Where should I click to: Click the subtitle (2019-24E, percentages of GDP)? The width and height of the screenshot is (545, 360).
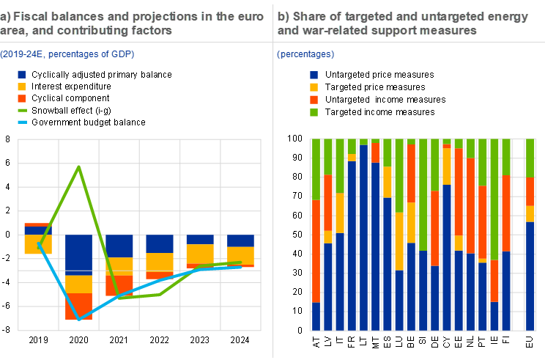click(67, 54)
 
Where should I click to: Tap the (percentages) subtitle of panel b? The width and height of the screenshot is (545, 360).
click(306, 54)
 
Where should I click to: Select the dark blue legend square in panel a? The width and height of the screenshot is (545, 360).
click(22, 75)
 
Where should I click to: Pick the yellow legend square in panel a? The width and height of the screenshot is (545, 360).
click(22, 87)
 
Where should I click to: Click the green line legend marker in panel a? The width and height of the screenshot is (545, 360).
click(22, 111)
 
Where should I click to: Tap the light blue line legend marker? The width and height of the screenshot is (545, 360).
click(22, 122)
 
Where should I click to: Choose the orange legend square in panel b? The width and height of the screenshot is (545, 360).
click(314, 99)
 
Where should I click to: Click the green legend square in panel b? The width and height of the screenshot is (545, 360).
click(314, 112)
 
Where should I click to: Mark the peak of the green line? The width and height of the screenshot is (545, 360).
click(78, 166)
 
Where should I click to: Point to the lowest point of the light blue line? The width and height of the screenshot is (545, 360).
click(78, 320)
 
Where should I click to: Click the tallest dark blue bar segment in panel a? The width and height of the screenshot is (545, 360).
click(78, 254)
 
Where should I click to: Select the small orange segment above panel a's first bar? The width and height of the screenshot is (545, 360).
click(37, 224)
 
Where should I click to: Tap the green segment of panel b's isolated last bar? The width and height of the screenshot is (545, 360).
click(530, 157)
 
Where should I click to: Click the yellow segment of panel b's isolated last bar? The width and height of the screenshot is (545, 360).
click(530, 213)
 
